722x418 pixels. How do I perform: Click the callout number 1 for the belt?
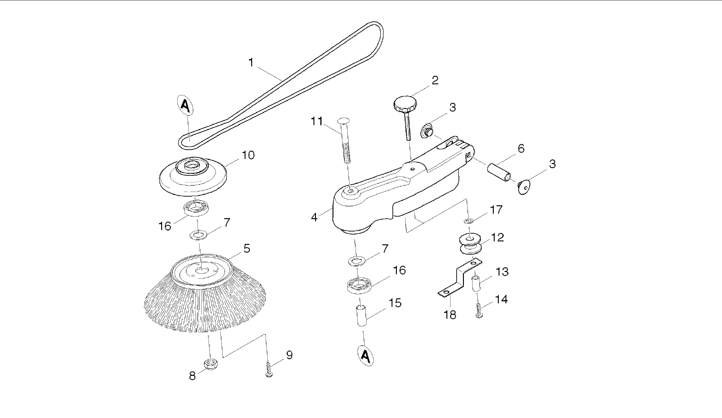coord(251,62)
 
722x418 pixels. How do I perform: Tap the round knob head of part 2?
coord(404,103)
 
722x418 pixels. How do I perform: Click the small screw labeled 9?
coord(269,370)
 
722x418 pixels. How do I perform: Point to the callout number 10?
coord(248,155)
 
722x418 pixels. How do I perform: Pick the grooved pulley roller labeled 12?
coord(470,243)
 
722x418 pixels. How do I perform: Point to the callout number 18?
coord(450,315)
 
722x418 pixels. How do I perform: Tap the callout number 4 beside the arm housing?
coord(315,217)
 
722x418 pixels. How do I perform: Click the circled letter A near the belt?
coord(185,106)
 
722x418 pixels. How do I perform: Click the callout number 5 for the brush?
coord(247,249)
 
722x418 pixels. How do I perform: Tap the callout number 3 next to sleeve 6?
coord(552,164)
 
